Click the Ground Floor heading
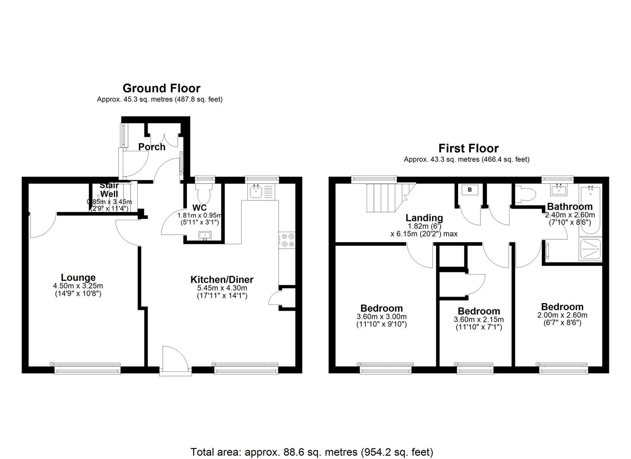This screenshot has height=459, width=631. click(x=161, y=88)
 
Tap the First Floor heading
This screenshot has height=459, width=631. click(x=468, y=148)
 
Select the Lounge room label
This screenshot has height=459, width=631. click(x=78, y=278)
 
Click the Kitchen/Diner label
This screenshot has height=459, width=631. click(x=221, y=280)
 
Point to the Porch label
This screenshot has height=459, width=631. click(x=152, y=147)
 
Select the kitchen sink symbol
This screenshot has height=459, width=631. click(x=256, y=192)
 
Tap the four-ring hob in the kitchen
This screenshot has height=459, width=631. click(x=286, y=240)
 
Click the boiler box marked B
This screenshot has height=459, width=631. click(x=470, y=190)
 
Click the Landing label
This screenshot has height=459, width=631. click(x=424, y=218)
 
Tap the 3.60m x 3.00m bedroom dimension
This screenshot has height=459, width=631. click(x=381, y=317)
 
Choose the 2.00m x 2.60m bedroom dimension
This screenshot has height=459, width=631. click(x=562, y=315)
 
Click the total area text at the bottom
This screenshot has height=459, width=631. click(x=311, y=451)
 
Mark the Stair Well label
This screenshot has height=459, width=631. click(x=109, y=190)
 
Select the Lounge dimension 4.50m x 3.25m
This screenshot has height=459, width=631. click(x=78, y=286)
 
